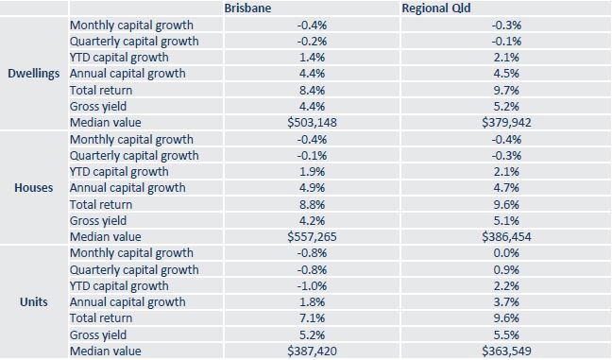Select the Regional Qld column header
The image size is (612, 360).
coord(435,8)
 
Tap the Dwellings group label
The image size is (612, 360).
coord(34,73)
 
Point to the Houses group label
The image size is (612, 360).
coord(34,187)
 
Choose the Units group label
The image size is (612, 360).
coord(34,301)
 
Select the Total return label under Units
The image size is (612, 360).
coord(101,318)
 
